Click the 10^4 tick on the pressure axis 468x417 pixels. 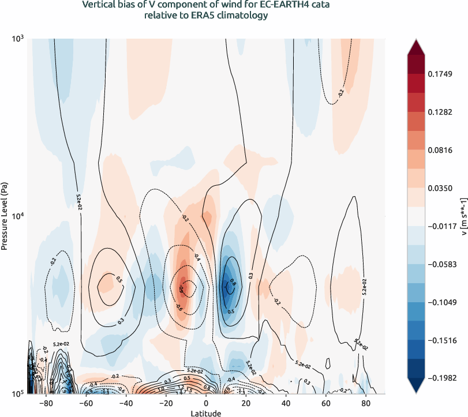click(x=17, y=216)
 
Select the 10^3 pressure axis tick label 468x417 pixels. click(x=17, y=39)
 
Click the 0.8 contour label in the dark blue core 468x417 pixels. click(x=233, y=283)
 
